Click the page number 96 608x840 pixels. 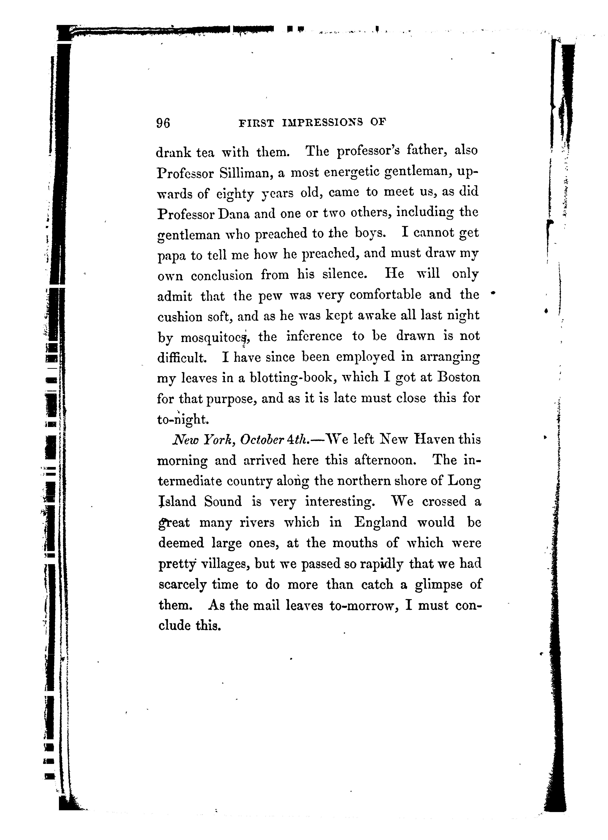163,123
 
